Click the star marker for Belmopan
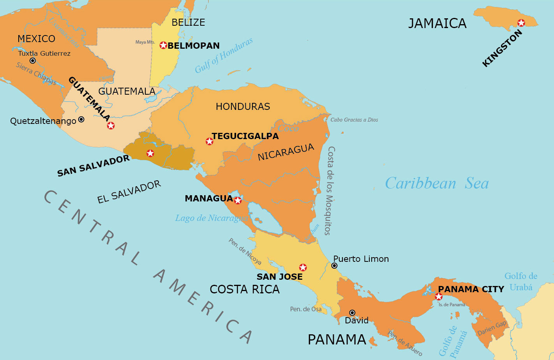(x=163, y=45)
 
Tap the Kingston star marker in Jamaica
(x=521, y=23)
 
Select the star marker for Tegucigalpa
(x=209, y=141)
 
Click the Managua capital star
(x=238, y=201)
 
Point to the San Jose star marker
(x=303, y=267)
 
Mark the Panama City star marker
(x=439, y=297)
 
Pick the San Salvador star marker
(x=150, y=153)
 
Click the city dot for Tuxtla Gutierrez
(x=33, y=61)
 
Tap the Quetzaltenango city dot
(x=81, y=119)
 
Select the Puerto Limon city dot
(x=334, y=266)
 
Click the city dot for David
(x=352, y=312)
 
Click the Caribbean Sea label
(x=437, y=183)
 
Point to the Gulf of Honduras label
(x=224, y=55)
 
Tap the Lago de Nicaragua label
(x=211, y=218)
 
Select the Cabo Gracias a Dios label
(x=354, y=120)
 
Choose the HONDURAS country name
(x=243, y=106)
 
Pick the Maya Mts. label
(x=145, y=42)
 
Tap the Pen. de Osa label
(x=306, y=309)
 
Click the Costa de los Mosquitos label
(x=330, y=191)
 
